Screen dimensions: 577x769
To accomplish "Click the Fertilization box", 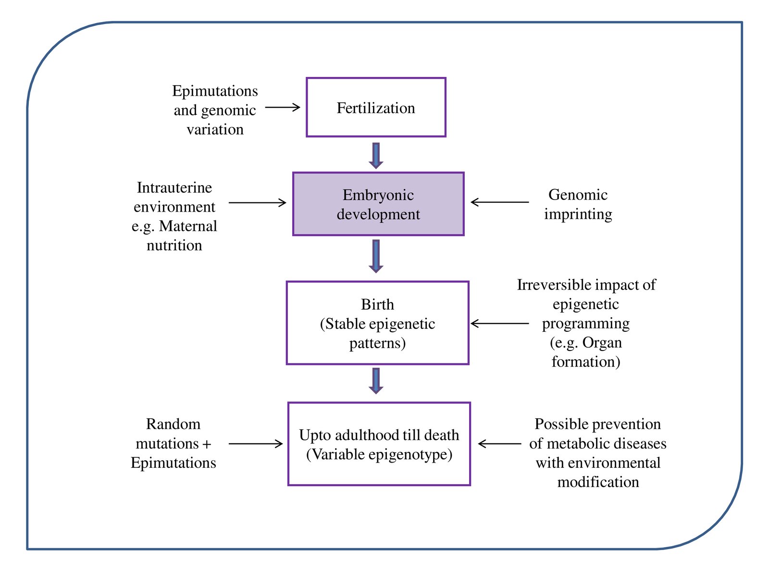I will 376,108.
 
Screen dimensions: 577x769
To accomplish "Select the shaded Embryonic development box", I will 378,204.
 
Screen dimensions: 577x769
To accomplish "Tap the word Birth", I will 377,304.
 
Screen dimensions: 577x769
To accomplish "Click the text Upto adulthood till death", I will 379,435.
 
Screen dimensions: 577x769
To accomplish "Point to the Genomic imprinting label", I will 578,204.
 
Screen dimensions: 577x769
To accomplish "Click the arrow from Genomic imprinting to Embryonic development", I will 500,202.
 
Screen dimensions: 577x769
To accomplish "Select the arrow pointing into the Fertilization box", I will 283,107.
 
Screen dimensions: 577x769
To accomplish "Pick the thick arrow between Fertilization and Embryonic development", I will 376,155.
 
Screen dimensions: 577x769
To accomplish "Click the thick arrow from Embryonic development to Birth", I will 376,256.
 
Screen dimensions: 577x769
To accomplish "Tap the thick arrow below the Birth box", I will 376,381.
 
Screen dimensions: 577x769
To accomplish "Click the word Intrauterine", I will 174,188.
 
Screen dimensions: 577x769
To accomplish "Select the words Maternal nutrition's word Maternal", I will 188,226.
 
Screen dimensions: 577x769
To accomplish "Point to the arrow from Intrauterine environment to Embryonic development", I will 257,203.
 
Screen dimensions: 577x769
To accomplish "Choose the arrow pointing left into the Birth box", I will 500,324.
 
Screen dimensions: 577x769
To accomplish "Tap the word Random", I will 173,424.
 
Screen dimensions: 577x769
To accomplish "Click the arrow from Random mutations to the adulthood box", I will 256,444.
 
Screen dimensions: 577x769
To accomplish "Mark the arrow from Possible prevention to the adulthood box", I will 500,444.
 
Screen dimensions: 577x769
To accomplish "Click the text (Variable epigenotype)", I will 379,454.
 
